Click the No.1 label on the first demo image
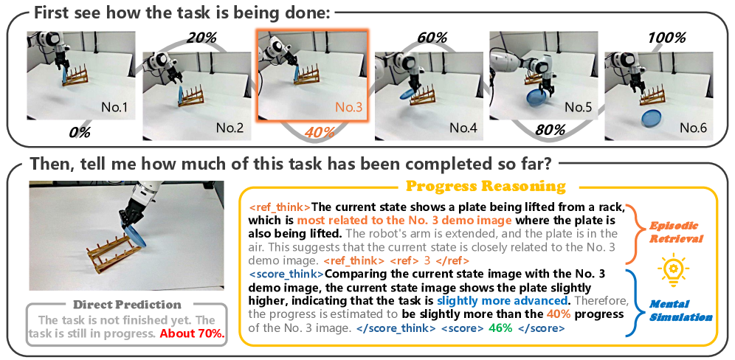click(114, 108)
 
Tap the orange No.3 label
click(349, 108)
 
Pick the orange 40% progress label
click(320, 132)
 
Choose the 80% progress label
click(549, 129)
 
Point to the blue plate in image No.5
click(536, 100)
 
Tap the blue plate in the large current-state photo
click(137, 235)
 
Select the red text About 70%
click(192, 334)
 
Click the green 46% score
click(501, 328)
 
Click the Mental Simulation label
click(680, 311)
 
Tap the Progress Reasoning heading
click(486, 187)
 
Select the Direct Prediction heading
click(127, 305)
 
